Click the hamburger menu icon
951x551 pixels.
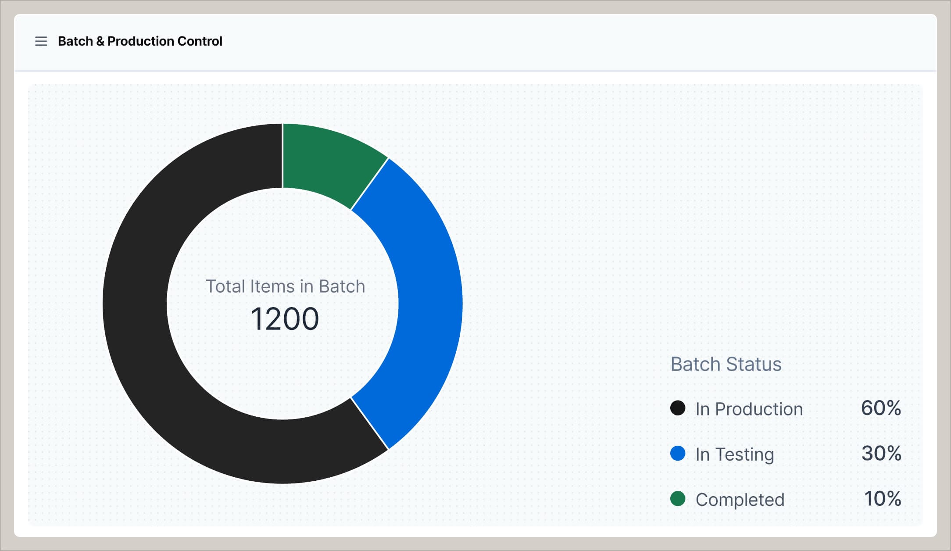point(41,41)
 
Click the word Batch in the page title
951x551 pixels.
point(75,41)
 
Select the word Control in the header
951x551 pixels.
point(200,41)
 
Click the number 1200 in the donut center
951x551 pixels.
point(285,319)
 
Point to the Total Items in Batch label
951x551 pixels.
point(285,286)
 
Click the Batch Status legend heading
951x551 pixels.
point(726,364)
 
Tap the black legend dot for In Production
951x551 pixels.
point(678,408)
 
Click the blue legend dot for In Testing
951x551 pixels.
point(678,453)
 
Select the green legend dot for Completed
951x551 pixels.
point(678,498)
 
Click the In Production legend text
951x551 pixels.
point(749,409)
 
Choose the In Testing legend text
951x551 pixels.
point(735,454)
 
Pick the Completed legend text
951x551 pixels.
point(740,500)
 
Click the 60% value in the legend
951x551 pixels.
point(881,408)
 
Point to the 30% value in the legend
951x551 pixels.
point(881,453)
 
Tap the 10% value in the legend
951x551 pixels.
point(882,498)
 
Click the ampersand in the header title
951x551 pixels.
point(100,41)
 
